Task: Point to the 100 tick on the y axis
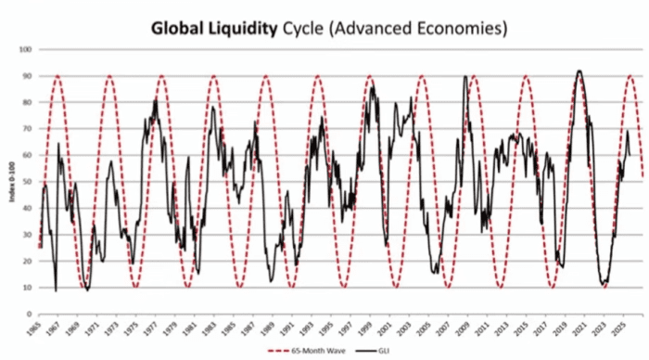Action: click(x=24, y=49)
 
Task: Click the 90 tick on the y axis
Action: click(x=26, y=76)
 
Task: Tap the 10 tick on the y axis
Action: click(x=26, y=288)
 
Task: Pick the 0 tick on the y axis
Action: click(x=28, y=314)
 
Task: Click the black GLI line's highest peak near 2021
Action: click(x=579, y=71)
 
